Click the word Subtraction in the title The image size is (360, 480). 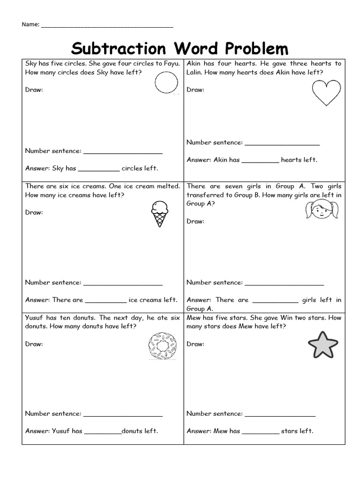click(119, 48)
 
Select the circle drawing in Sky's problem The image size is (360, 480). click(166, 83)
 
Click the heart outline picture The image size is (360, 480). click(327, 92)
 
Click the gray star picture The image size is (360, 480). click(323, 345)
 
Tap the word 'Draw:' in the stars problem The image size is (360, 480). click(195, 344)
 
